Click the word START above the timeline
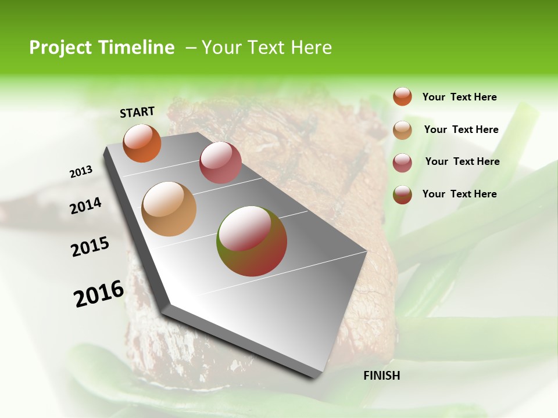pos(137,112)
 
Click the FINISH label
pos(382,376)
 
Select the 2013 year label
pos(81,172)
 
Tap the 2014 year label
pos(86,206)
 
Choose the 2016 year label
pos(99,294)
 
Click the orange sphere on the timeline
pos(142,143)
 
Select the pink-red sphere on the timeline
pos(220,162)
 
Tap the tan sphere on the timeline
pos(169,209)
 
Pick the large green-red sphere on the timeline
pos(252,241)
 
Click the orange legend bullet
pos(402,96)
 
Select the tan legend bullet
pos(402,130)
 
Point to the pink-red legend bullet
pos(402,163)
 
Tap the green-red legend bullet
pos(402,194)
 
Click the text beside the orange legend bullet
pos(459,97)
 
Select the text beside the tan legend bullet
pos(461,129)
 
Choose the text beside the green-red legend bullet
pos(459,194)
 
